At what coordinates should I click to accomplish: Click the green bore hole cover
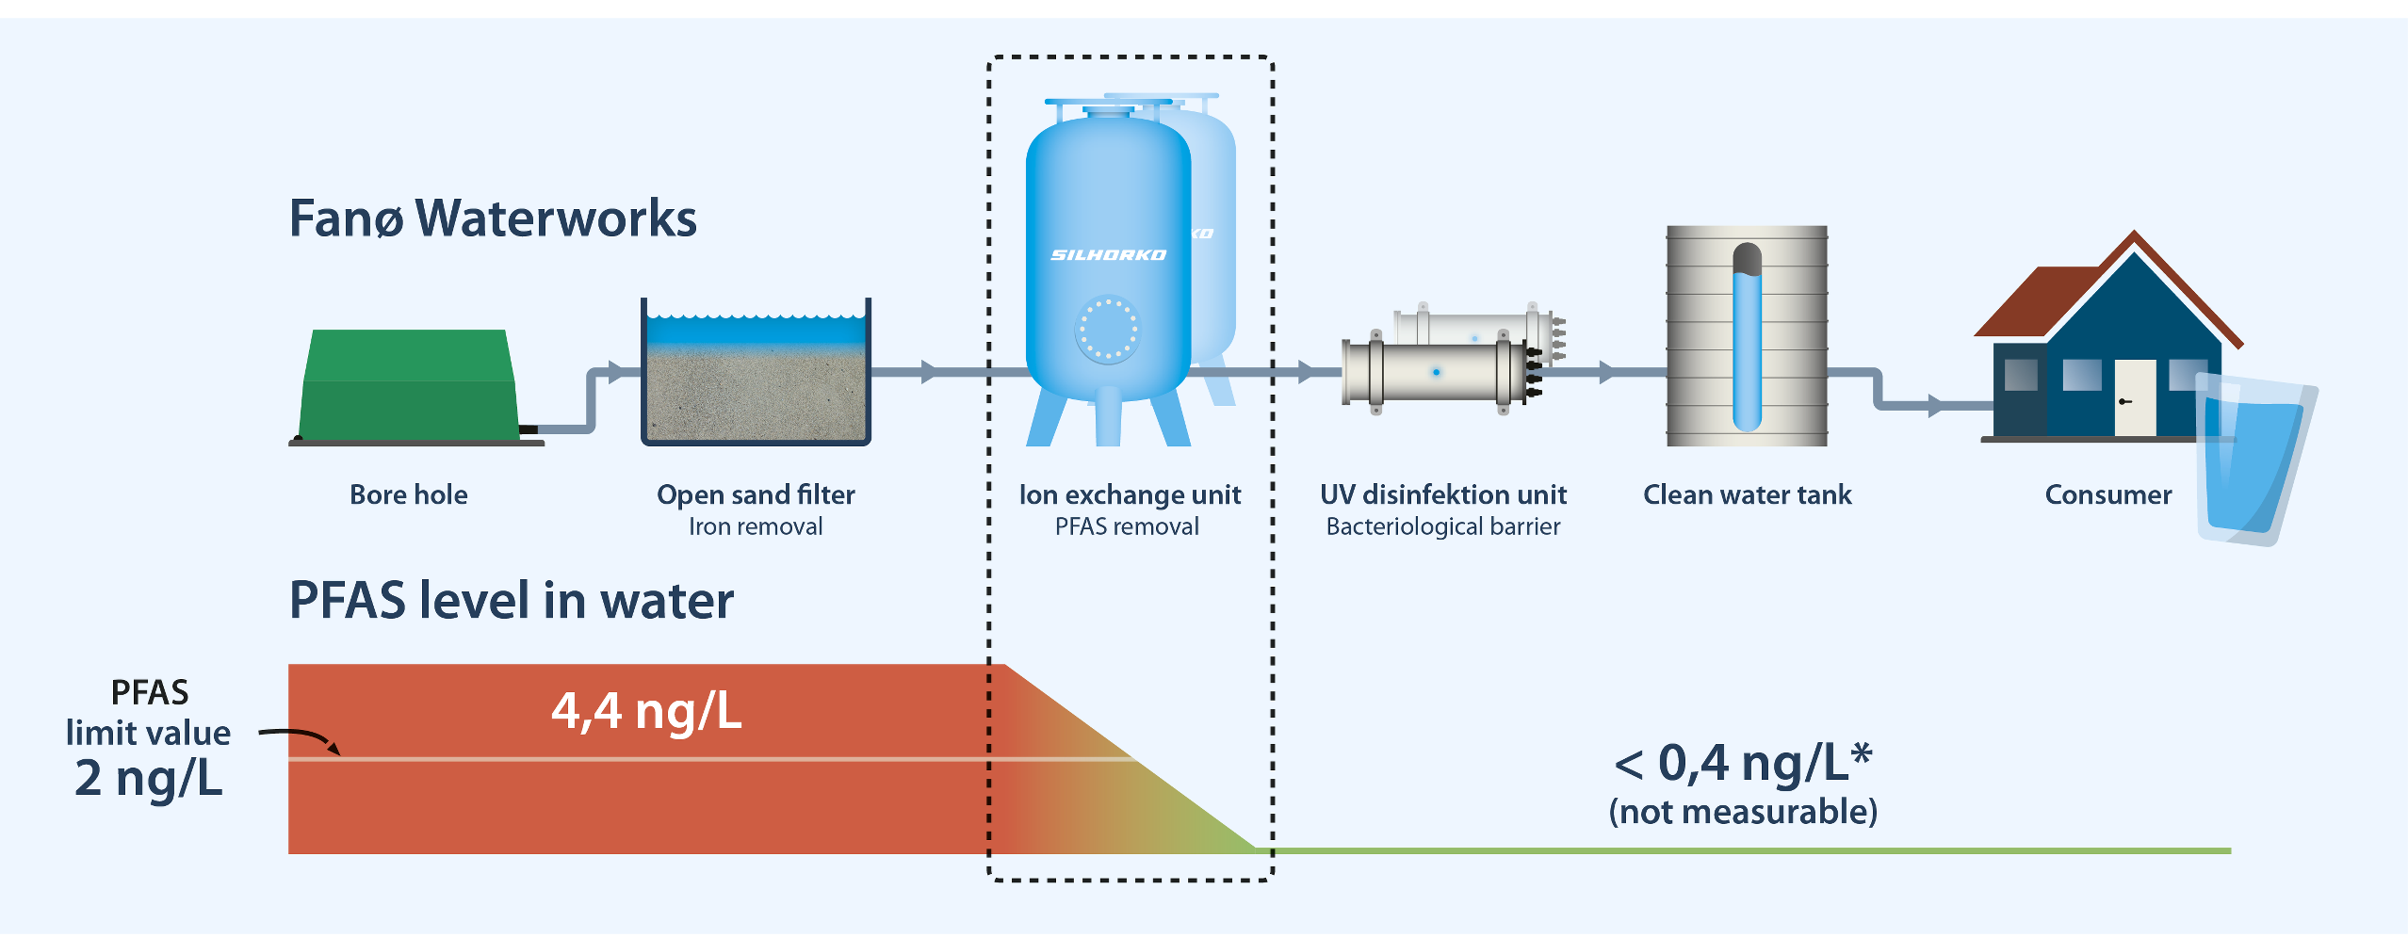pyautogui.click(x=409, y=386)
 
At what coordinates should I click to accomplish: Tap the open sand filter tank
pyautogui.click(x=756, y=377)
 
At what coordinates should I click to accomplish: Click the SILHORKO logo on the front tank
pyautogui.click(x=1108, y=255)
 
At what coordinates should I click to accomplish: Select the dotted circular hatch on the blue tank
pyautogui.click(x=1108, y=330)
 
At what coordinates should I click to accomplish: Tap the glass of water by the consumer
pyautogui.click(x=2252, y=461)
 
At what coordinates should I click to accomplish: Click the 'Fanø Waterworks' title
pyautogui.click(x=493, y=218)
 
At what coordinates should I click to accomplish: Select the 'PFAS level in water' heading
pyautogui.click(x=511, y=601)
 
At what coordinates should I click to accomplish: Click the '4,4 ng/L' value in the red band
pyautogui.click(x=646, y=711)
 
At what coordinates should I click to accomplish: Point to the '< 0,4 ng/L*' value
pyautogui.click(x=1743, y=763)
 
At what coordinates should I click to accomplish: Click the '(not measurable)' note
pyautogui.click(x=1743, y=812)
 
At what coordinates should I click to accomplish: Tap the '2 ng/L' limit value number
pyautogui.click(x=149, y=779)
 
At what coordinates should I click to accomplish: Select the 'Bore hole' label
pyautogui.click(x=409, y=495)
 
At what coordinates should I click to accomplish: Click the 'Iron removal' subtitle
pyautogui.click(x=756, y=527)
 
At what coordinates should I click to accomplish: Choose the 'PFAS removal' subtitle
pyautogui.click(x=1127, y=527)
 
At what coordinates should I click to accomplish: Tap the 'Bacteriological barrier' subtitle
pyautogui.click(x=1443, y=527)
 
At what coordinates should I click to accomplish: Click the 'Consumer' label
pyautogui.click(x=2108, y=495)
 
